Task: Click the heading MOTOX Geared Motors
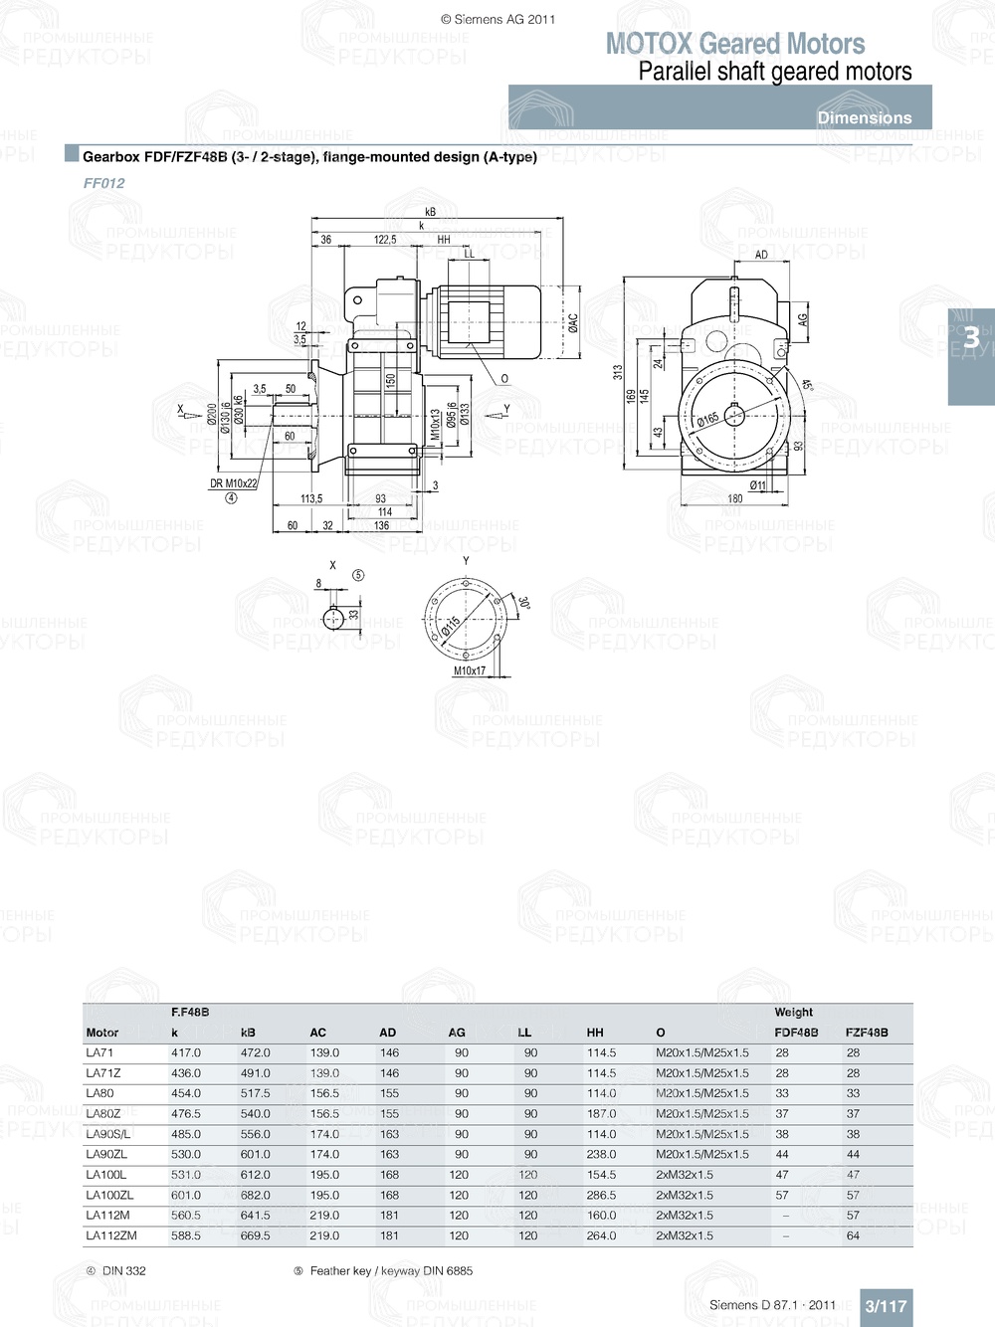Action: [x=735, y=44]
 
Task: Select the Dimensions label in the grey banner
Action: [x=864, y=117]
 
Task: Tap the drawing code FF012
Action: [x=104, y=183]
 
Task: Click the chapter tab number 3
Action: [x=971, y=339]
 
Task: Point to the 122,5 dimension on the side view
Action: [x=385, y=240]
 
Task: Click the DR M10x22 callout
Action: [x=233, y=483]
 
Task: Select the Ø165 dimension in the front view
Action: [x=708, y=420]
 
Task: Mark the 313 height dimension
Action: [x=618, y=372]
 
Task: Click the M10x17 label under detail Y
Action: [x=470, y=670]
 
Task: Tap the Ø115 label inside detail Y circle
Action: [x=450, y=626]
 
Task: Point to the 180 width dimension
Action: [x=734, y=499]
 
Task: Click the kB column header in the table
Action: [x=248, y=1033]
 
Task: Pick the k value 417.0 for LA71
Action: [x=186, y=1052]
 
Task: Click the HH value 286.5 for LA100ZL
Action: [x=601, y=1195]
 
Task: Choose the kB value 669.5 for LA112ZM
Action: [x=255, y=1235]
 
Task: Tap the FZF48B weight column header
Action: [x=866, y=1033]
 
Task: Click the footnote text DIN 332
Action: [x=123, y=1270]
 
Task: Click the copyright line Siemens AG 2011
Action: [x=497, y=19]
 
